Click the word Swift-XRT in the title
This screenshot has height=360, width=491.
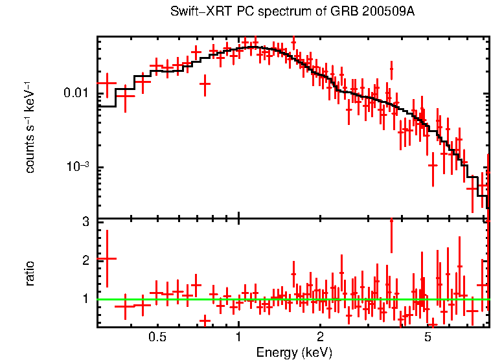[x=196, y=12]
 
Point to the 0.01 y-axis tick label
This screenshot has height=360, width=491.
[x=76, y=94]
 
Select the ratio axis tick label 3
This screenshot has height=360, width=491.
[x=85, y=222]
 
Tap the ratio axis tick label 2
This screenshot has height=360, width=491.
[x=85, y=260]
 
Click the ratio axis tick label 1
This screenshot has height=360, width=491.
[x=85, y=299]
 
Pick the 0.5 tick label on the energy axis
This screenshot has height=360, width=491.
[x=157, y=338]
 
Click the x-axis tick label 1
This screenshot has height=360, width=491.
[x=238, y=338]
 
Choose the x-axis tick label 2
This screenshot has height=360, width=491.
[x=320, y=338]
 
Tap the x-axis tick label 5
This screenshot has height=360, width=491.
[x=428, y=338]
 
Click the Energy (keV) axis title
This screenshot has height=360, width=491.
[x=294, y=352]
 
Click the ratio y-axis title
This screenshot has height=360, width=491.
[x=30, y=273]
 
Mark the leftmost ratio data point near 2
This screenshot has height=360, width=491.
[x=106, y=258]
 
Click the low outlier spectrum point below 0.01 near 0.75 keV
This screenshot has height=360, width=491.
[x=205, y=84]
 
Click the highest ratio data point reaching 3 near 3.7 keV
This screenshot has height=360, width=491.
[x=391, y=223]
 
